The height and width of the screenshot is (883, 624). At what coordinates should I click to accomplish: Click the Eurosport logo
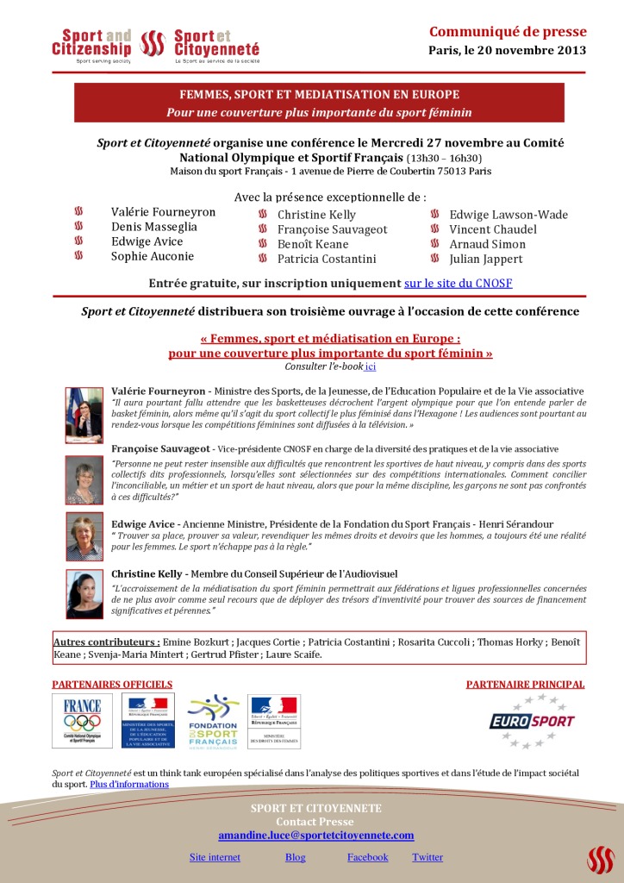pos(532,721)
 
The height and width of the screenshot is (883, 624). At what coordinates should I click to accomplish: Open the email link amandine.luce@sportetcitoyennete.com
pos(316,836)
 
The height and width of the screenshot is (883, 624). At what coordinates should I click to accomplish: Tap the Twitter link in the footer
pos(427,857)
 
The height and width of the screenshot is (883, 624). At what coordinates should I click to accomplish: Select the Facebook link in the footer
pos(368,857)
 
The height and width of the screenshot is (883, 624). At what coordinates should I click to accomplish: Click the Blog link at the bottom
pos(295,857)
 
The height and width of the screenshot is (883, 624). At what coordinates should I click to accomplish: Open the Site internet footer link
pos(215,857)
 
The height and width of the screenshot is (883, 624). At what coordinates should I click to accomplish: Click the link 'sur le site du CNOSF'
pos(459,283)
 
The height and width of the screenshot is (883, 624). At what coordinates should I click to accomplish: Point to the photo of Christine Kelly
pos(84,594)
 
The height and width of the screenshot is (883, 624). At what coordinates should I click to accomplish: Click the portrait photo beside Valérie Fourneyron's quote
pos(84,415)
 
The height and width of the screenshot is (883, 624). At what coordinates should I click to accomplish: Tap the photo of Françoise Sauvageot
pos(84,479)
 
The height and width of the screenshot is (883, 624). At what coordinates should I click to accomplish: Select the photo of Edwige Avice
pos(84,537)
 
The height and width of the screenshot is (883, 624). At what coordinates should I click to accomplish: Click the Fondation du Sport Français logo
pos(213,721)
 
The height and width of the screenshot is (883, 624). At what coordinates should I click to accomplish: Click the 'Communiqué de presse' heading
pos(508,32)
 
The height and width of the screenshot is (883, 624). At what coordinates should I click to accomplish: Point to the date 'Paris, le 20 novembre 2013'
pos(507,50)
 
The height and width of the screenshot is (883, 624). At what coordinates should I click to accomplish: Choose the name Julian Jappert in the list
pos(486,259)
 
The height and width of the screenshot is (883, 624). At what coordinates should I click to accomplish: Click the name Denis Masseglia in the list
pos(154,227)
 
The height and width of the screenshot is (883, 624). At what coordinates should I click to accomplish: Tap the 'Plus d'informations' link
pos(129,785)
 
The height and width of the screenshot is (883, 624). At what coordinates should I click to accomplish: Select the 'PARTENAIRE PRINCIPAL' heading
pos(525,685)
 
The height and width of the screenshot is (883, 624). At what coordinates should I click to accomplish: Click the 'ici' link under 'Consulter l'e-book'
pos(371,366)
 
